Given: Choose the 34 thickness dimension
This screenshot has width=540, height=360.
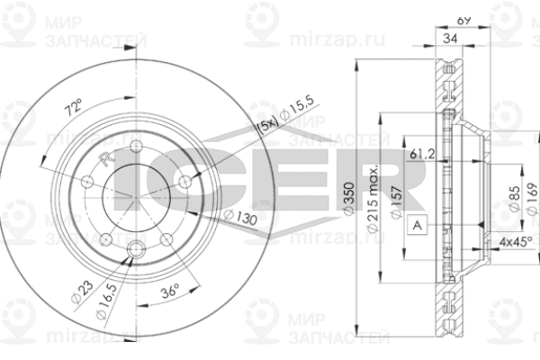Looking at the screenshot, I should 451,37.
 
